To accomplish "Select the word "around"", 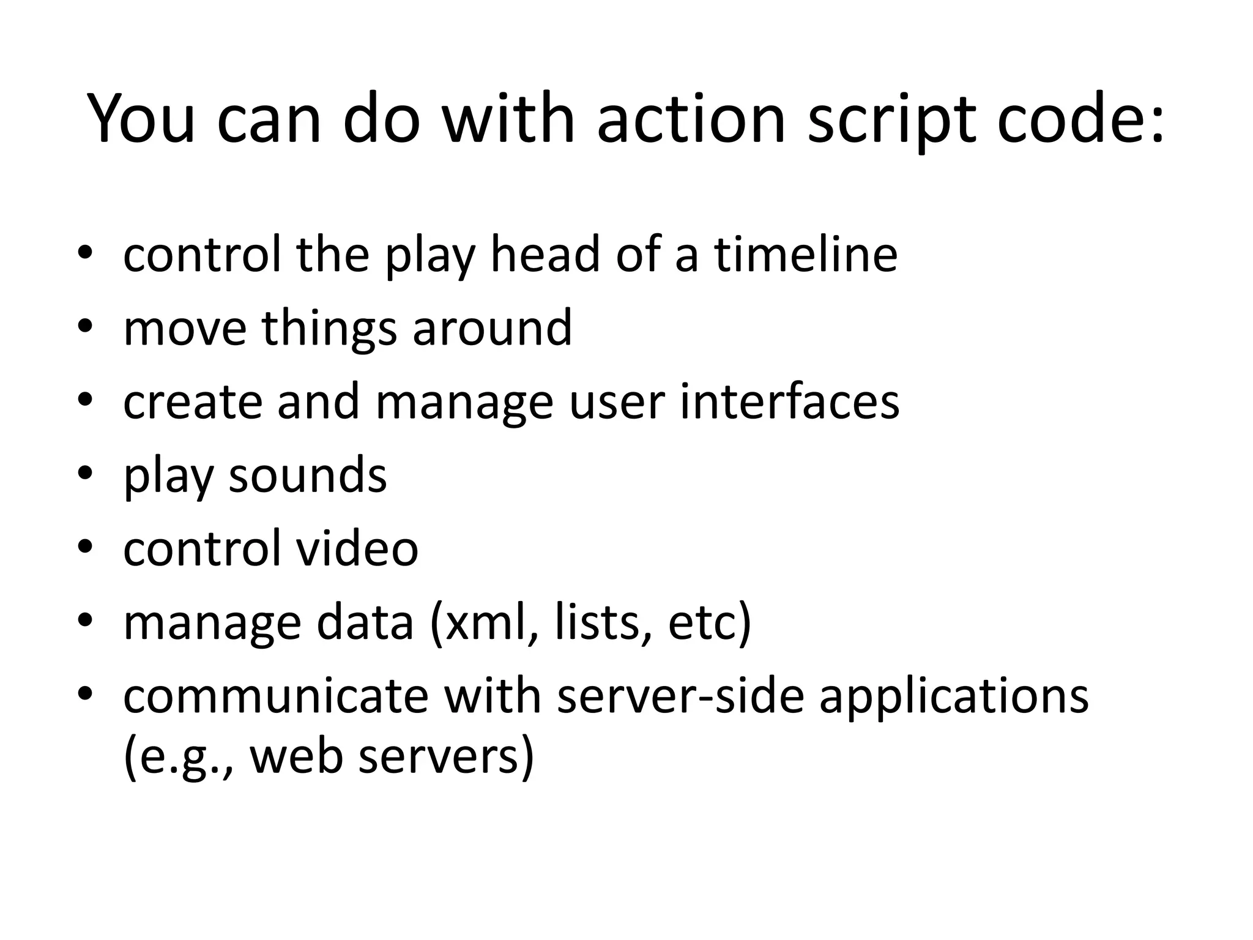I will tap(493, 328).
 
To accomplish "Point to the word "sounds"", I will tap(308, 475).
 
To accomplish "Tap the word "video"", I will tap(357, 548).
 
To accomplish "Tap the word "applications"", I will tap(954, 696).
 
